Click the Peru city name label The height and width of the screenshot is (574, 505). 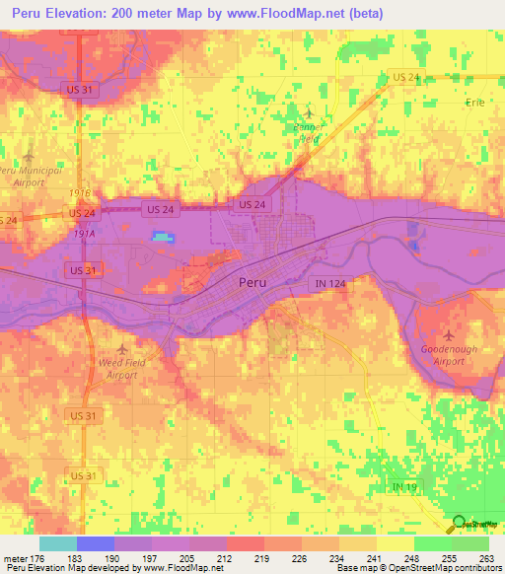pyautogui.click(x=252, y=282)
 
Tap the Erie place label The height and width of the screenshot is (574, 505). pyautogui.click(x=477, y=102)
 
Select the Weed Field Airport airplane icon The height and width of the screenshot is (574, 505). pyautogui.click(x=122, y=348)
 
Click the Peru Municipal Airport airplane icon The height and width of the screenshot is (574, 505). pyautogui.click(x=29, y=155)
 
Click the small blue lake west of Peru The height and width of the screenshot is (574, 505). pyautogui.click(x=162, y=237)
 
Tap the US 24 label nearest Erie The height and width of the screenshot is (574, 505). pyautogui.click(x=405, y=76)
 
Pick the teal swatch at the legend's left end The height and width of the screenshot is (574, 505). pyautogui.click(x=57, y=543)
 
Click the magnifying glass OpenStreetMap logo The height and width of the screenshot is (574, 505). pyautogui.click(x=458, y=525)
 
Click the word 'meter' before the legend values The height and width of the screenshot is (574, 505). pyautogui.click(x=16, y=559)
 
